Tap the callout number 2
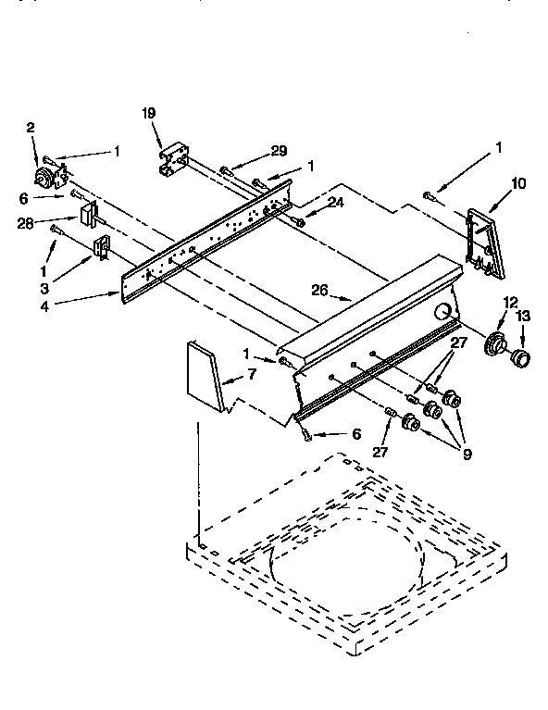[x=31, y=127]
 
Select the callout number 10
[x=517, y=183]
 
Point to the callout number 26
[x=319, y=289]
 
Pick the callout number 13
[x=524, y=317]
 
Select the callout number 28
[x=26, y=222]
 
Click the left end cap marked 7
[x=205, y=375]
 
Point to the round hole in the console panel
[x=445, y=311]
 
